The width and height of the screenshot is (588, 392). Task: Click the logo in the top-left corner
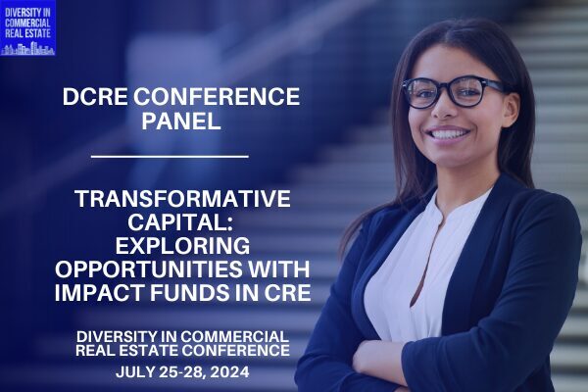coord(27,28)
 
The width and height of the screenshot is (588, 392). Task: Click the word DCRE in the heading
coord(95,97)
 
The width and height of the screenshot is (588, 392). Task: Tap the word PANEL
coord(181,121)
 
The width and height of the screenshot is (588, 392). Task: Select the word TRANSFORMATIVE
coord(182,198)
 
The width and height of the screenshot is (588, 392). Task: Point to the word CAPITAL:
coord(180,222)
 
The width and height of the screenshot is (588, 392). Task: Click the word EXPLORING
coord(182,246)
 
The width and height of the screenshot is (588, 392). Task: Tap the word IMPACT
coord(100,293)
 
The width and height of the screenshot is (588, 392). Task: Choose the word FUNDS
coord(188,293)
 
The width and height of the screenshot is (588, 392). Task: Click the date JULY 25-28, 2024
coord(182,372)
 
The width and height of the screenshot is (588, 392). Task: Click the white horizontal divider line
coord(170,156)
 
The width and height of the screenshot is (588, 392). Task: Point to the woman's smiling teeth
coord(448,134)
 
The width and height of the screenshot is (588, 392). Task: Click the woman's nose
coord(444,109)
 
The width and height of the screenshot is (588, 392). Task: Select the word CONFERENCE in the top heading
coord(217,97)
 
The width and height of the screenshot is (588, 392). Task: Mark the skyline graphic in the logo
coord(27,49)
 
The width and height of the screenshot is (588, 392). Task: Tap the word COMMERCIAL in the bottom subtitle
coord(234,336)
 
